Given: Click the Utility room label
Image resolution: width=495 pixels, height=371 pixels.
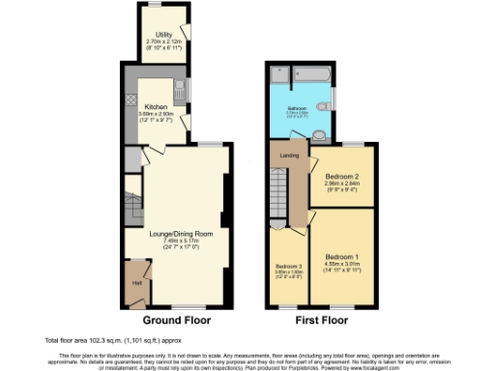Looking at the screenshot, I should [152, 35].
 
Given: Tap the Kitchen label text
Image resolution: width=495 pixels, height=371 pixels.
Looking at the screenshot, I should [157, 106].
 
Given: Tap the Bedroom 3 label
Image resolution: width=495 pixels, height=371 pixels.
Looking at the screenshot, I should [289, 266].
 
